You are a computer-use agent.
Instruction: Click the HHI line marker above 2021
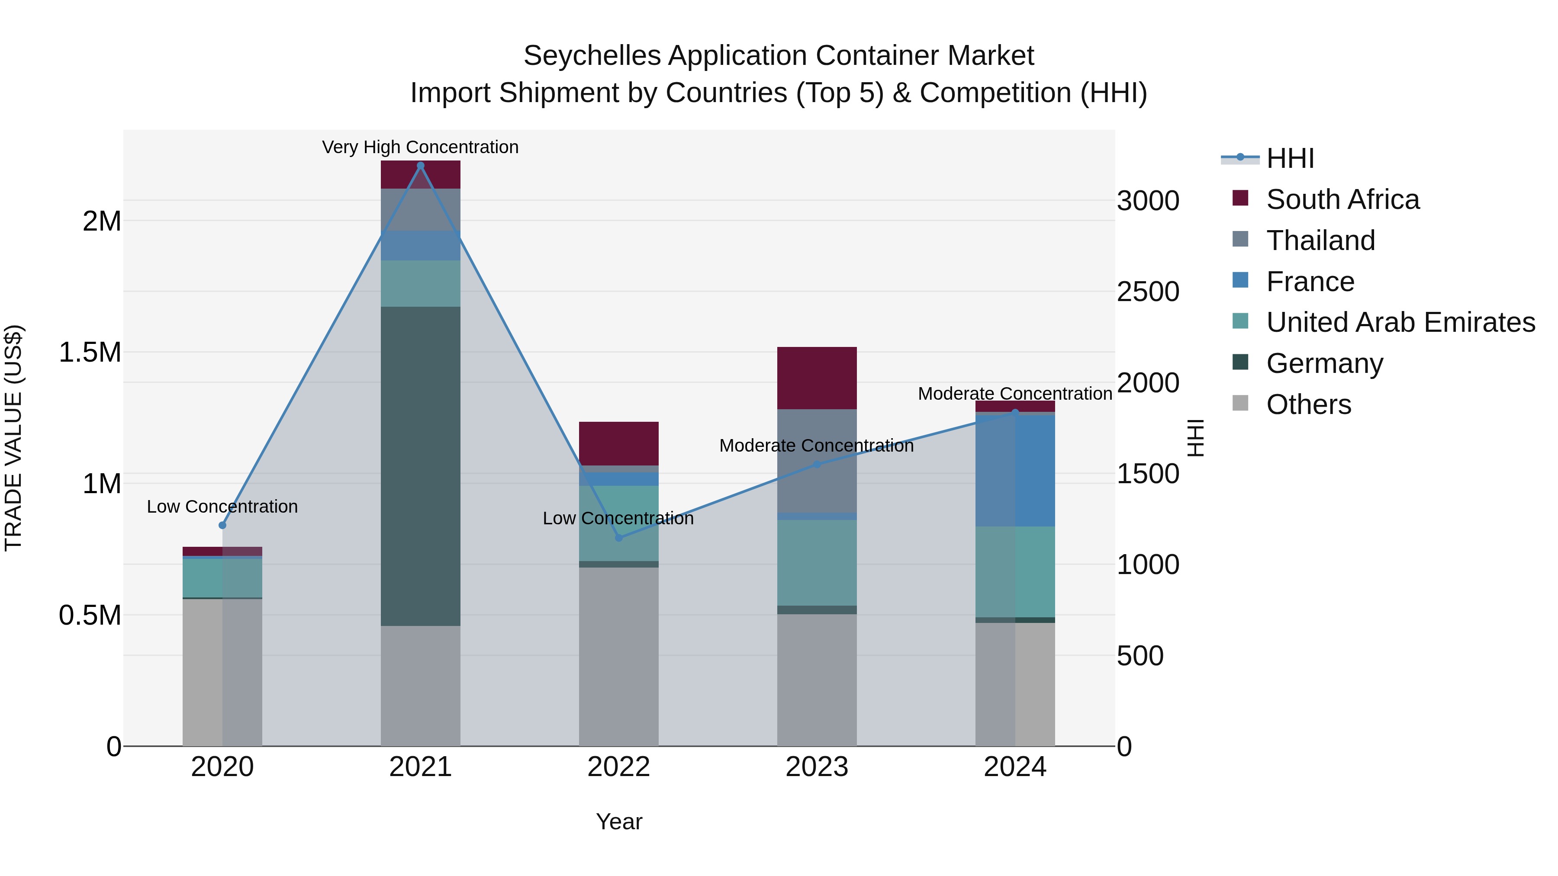[x=420, y=166]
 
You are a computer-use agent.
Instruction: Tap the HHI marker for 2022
[x=619, y=537]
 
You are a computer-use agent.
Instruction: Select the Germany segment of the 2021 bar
[x=420, y=465]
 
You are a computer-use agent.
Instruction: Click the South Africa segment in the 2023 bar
[x=817, y=378]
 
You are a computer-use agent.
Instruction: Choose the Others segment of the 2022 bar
[x=619, y=656]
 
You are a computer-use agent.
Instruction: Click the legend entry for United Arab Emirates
[x=1400, y=322]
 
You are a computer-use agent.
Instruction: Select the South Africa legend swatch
[x=1240, y=198]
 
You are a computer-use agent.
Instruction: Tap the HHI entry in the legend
[x=1290, y=158]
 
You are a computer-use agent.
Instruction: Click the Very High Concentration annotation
[x=420, y=147]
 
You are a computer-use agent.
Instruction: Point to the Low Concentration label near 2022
[x=618, y=518]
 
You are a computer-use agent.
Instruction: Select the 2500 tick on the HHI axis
[x=1147, y=292]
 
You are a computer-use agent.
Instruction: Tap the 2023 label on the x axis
[x=817, y=767]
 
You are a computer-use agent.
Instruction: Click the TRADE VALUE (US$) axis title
[x=13, y=438]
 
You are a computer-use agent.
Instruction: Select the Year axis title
[x=619, y=821]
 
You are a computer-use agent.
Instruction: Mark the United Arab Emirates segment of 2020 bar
[x=222, y=578]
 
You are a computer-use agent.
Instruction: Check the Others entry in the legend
[x=1308, y=404]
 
